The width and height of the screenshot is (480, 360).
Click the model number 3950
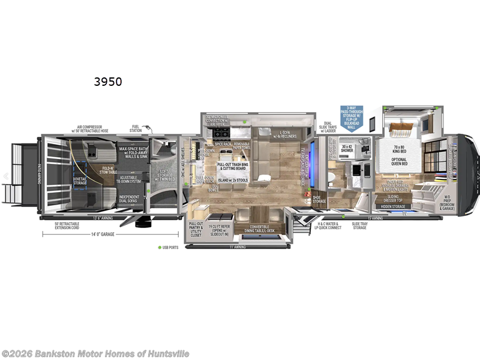pyautogui.click(x=107, y=82)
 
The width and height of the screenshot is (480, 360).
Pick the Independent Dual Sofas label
pyautogui.click(x=128, y=198)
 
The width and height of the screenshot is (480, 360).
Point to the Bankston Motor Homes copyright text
pyautogui.click(x=95, y=353)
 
